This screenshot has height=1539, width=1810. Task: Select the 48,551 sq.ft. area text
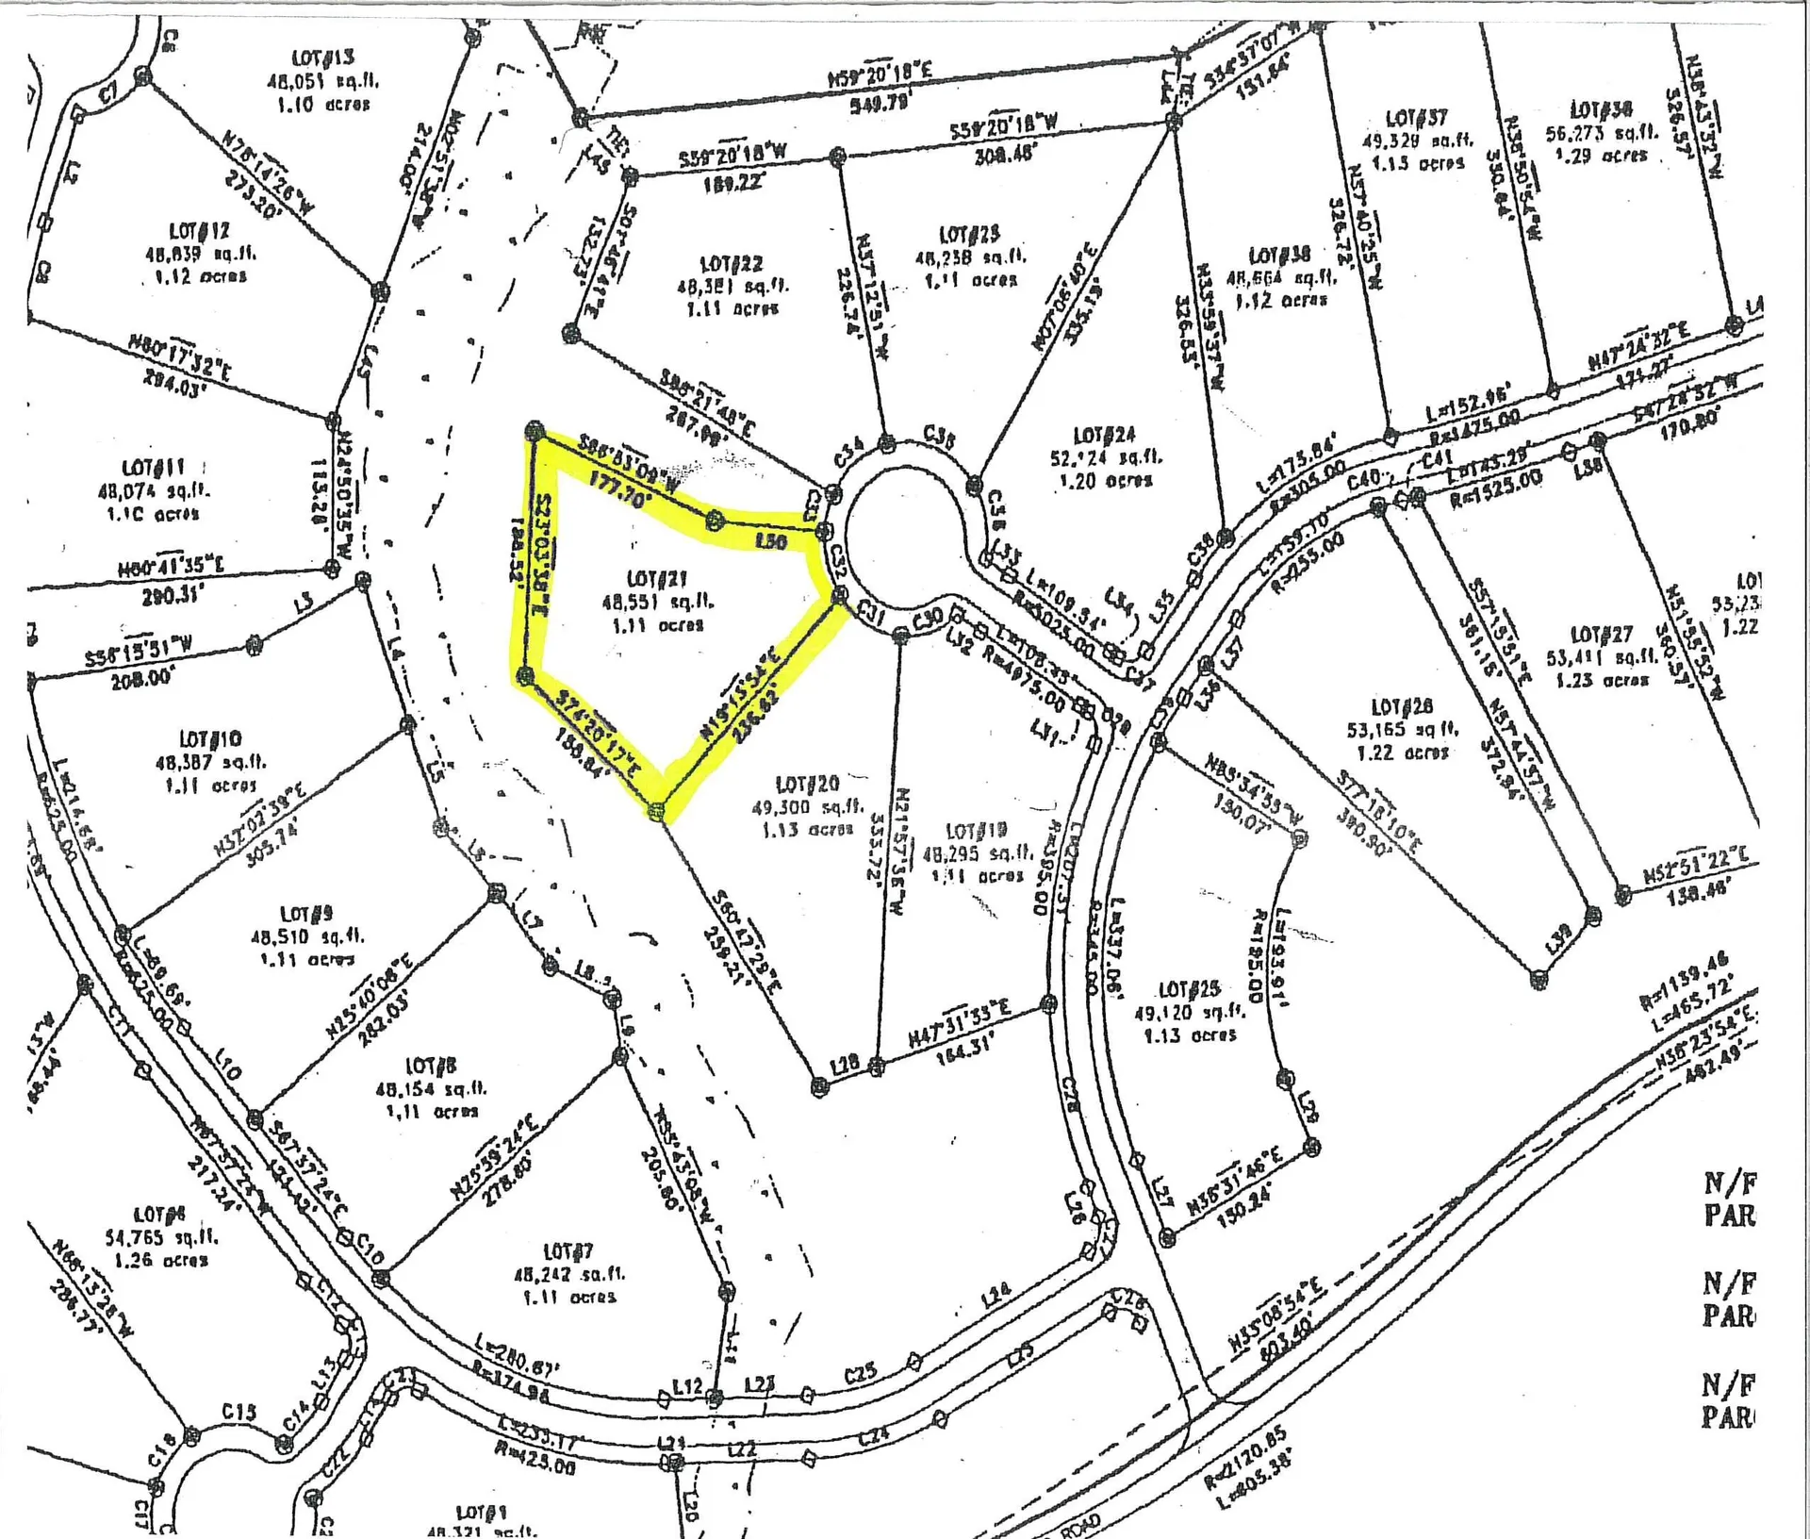click(657, 601)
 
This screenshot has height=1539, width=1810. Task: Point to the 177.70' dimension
click(619, 497)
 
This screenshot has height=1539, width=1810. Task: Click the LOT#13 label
click(323, 58)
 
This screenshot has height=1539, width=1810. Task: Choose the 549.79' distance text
click(879, 103)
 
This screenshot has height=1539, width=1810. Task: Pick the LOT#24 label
click(1104, 436)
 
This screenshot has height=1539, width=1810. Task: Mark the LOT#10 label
click(210, 738)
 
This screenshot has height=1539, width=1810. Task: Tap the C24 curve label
click(874, 1436)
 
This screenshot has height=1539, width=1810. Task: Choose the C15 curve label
click(239, 1412)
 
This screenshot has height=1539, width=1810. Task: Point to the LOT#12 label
click(199, 231)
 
